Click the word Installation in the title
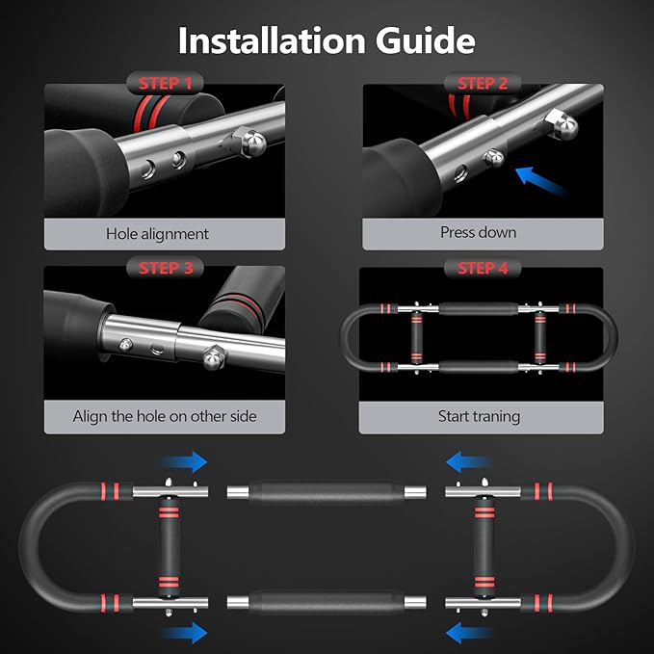[272, 40]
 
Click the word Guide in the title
[426, 40]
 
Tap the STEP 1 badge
[165, 84]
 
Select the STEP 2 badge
[483, 84]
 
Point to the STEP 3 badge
[165, 268]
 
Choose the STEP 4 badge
[483, 268]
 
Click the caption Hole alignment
[157, 234]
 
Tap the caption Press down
[479, 232]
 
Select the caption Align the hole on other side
[165, 416]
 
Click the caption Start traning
[480, 417]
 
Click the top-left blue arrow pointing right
[184, 462]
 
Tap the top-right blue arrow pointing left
[469, 462]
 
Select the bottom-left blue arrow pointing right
[184, 632]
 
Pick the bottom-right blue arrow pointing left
[469, 632]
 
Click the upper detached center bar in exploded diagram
[327, 492]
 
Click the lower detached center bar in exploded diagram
[327, 602]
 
